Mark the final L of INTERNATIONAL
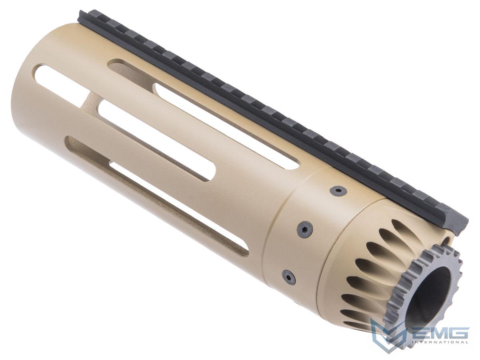[466, 342]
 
